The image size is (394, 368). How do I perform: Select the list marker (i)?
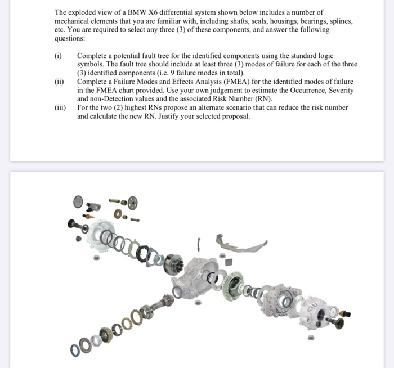[58, 56]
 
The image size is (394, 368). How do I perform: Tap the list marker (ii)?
[59, 82]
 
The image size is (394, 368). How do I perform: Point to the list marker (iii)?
[60, 107]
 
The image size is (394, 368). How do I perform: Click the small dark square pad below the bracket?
[229, 262]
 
